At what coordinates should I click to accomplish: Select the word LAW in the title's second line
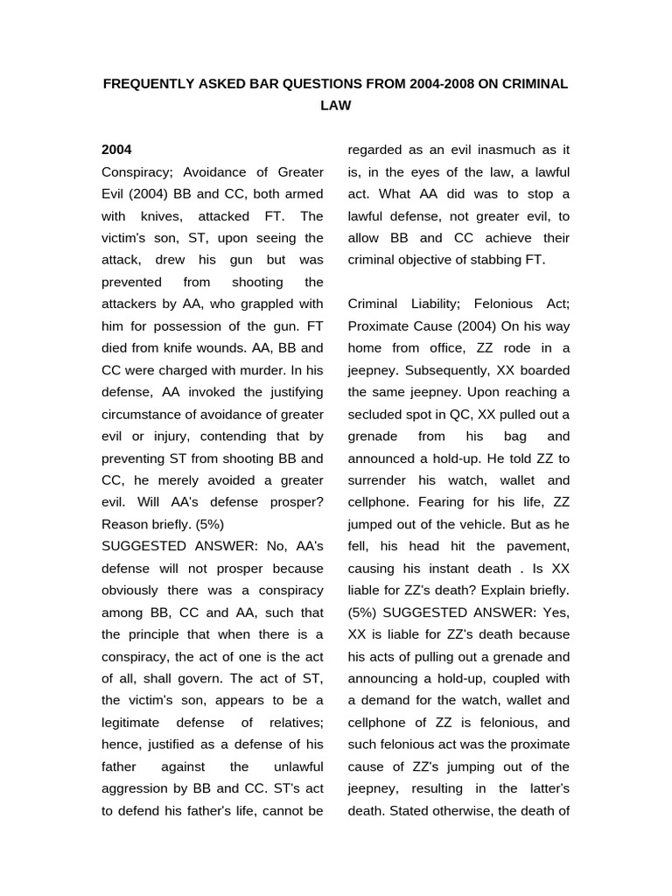336,106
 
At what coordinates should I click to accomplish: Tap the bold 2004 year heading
117,150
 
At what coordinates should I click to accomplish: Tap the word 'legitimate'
135,722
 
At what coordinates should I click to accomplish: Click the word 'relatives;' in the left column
291,722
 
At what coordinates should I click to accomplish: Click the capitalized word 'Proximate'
381,325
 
